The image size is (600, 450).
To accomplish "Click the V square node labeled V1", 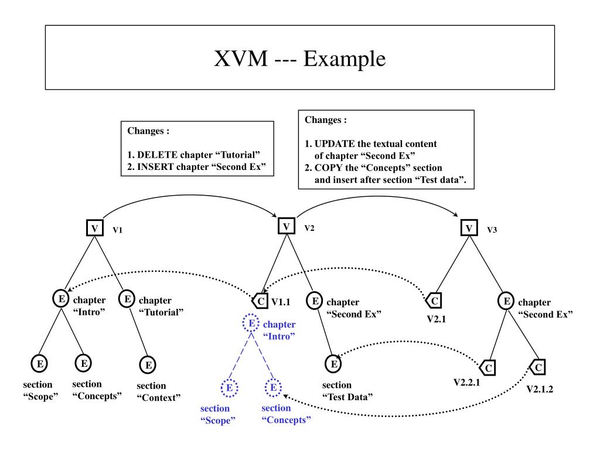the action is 94,228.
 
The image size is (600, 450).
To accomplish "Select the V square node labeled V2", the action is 286,226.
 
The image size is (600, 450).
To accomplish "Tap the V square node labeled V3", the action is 469,228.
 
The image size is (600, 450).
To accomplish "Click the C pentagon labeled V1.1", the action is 260,301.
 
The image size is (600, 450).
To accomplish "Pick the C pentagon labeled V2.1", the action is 434,301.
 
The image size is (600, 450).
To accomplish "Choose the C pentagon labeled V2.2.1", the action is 488,368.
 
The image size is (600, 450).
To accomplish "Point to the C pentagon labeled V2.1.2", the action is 538,367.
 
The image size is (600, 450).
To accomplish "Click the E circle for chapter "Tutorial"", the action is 127,298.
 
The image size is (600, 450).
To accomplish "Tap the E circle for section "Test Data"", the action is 333,363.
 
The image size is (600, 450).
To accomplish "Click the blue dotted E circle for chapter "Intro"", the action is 251,323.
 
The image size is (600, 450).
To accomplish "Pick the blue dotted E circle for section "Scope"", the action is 229,388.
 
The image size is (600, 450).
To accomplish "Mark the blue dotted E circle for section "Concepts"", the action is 273,387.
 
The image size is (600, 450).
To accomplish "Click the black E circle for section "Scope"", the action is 39,363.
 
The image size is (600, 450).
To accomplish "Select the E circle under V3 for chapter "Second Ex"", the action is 506,301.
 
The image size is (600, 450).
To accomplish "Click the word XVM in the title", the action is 241,59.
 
